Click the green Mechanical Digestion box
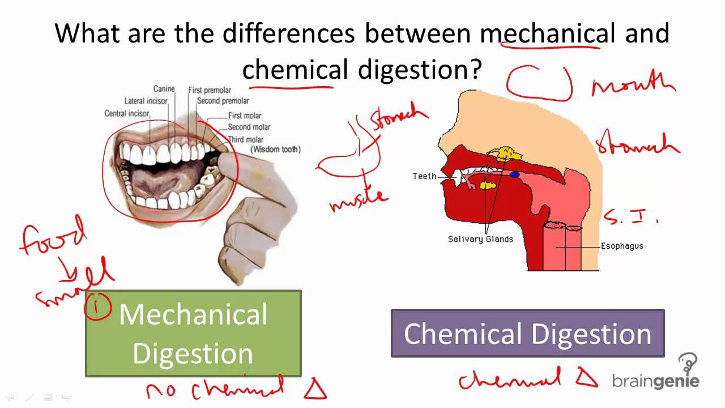[193, 333]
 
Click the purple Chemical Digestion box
[527, 333]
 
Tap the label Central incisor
[127, 113]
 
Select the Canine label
[164, 89]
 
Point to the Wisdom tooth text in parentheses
[275, 150]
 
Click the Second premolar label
[223, 101]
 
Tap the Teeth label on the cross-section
[424, 176]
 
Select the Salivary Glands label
[480, 239]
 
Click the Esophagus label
[622, 246]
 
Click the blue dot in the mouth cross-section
[514, 175]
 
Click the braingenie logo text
[655, 381]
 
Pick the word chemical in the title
[295, 70]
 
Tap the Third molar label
[245, 139]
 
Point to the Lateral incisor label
[146, 101]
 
